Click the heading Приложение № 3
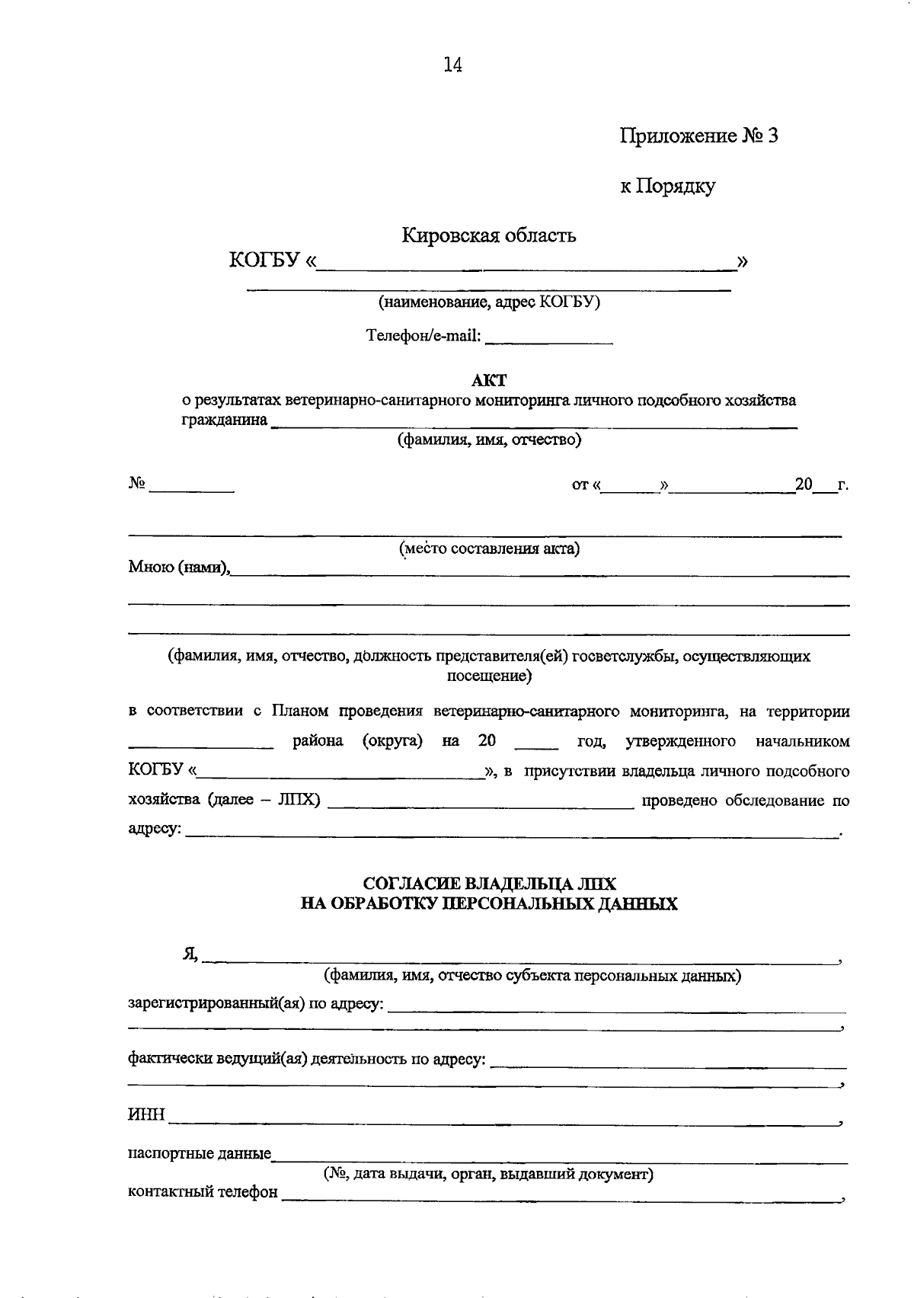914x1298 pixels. tap(698, 136)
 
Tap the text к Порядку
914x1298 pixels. tap(667, 186)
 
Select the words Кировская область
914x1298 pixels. tap(489, 235)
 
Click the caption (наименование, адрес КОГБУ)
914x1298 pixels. tap(490, 302)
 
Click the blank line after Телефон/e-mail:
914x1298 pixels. tap(548, 339)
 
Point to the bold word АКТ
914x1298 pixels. tap(489, 380)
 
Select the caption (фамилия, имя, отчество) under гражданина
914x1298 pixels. tap(490, 440)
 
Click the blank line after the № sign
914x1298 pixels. tap(192, 488)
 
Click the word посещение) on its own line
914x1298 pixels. tap(488, 676)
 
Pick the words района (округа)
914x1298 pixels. tap(357, 741)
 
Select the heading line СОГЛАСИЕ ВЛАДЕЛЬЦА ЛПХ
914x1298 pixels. tap(489, 884)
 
